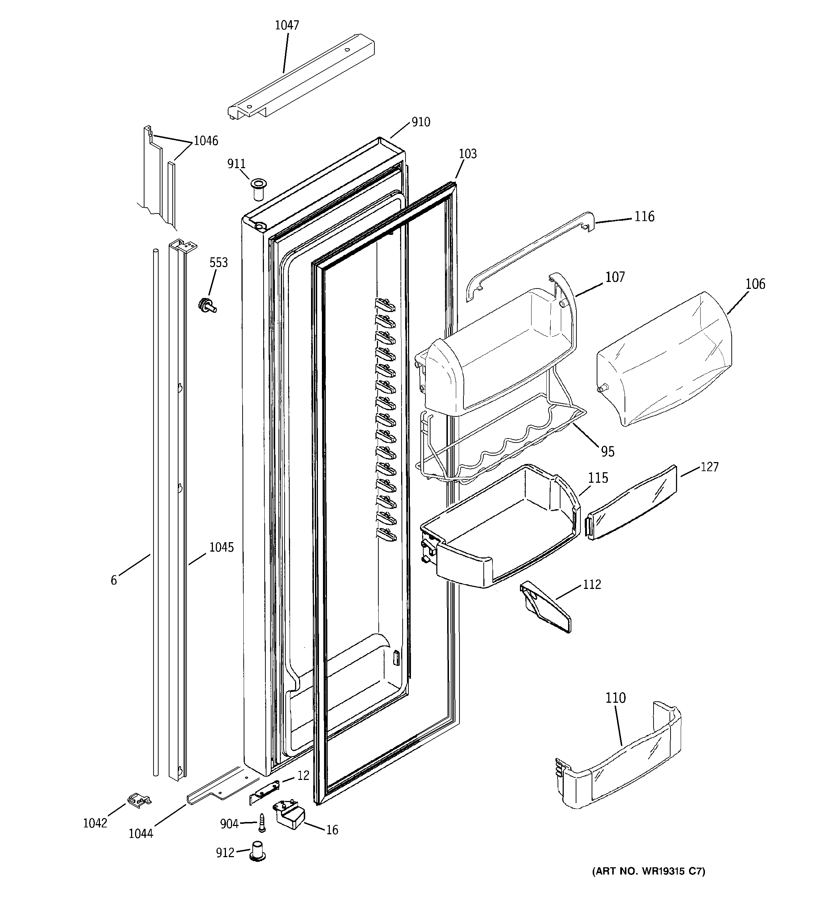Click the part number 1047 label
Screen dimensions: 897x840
(287, 25)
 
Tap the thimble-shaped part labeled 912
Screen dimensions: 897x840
(257, 851)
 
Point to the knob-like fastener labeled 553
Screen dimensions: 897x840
(207, 305)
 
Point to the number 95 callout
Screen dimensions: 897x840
(607, 451)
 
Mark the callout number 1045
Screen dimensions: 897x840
(221, 547)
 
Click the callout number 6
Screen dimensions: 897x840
(114, 580)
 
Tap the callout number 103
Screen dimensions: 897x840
(467, 154)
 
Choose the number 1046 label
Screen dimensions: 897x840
(206, 141)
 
